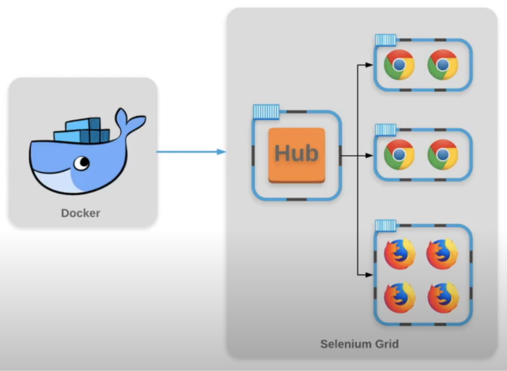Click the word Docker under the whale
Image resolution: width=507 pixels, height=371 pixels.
pos(81,213)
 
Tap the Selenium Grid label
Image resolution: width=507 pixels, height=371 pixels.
pos(359,344)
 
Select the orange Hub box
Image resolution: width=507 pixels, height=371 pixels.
pos(297,155)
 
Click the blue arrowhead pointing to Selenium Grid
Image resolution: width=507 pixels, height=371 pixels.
pos(221,152)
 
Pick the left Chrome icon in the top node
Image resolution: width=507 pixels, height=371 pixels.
pos(399,64)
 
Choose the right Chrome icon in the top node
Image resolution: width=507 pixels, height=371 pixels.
pos(442,64)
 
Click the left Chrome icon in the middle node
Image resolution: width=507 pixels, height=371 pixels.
pos(399,155)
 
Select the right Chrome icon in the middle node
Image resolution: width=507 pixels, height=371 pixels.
pos(442,155)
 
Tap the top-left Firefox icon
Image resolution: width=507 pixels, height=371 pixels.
pos(400,254)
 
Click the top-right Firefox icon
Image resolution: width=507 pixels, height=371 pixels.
pos(442,254)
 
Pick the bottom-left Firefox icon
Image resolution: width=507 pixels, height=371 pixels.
pos(400,298)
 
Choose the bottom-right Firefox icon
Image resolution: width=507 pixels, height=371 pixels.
pos(443,298)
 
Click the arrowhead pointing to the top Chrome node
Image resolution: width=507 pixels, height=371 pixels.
pos(369,65)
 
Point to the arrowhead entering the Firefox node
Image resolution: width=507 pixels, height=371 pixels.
pos(369,275)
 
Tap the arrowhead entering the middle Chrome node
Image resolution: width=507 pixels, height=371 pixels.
pos(369,156)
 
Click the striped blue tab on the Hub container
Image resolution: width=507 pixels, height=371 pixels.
pos(266,112)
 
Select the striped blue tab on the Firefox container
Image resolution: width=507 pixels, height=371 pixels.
pos(386,226)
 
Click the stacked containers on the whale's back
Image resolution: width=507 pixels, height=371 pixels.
pos(82,130)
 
